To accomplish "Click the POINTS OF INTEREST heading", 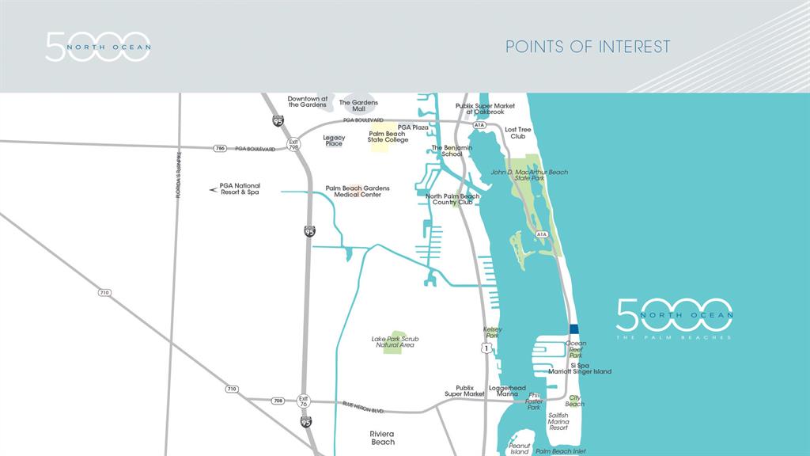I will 588,47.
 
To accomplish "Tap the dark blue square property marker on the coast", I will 574,329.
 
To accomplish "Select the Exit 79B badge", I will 293,147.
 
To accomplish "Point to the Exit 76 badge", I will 303,401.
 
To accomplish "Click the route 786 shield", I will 220,148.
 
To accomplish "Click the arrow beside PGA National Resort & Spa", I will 213,189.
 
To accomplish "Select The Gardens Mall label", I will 358,105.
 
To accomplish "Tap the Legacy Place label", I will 334,140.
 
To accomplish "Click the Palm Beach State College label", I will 388,137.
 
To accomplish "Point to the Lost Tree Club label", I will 518,132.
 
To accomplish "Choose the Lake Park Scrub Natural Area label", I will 395,342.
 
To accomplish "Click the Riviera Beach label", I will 383,437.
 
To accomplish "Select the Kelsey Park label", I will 492,332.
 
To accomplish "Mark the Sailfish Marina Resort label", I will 558,421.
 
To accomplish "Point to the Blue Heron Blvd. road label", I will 364,408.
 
